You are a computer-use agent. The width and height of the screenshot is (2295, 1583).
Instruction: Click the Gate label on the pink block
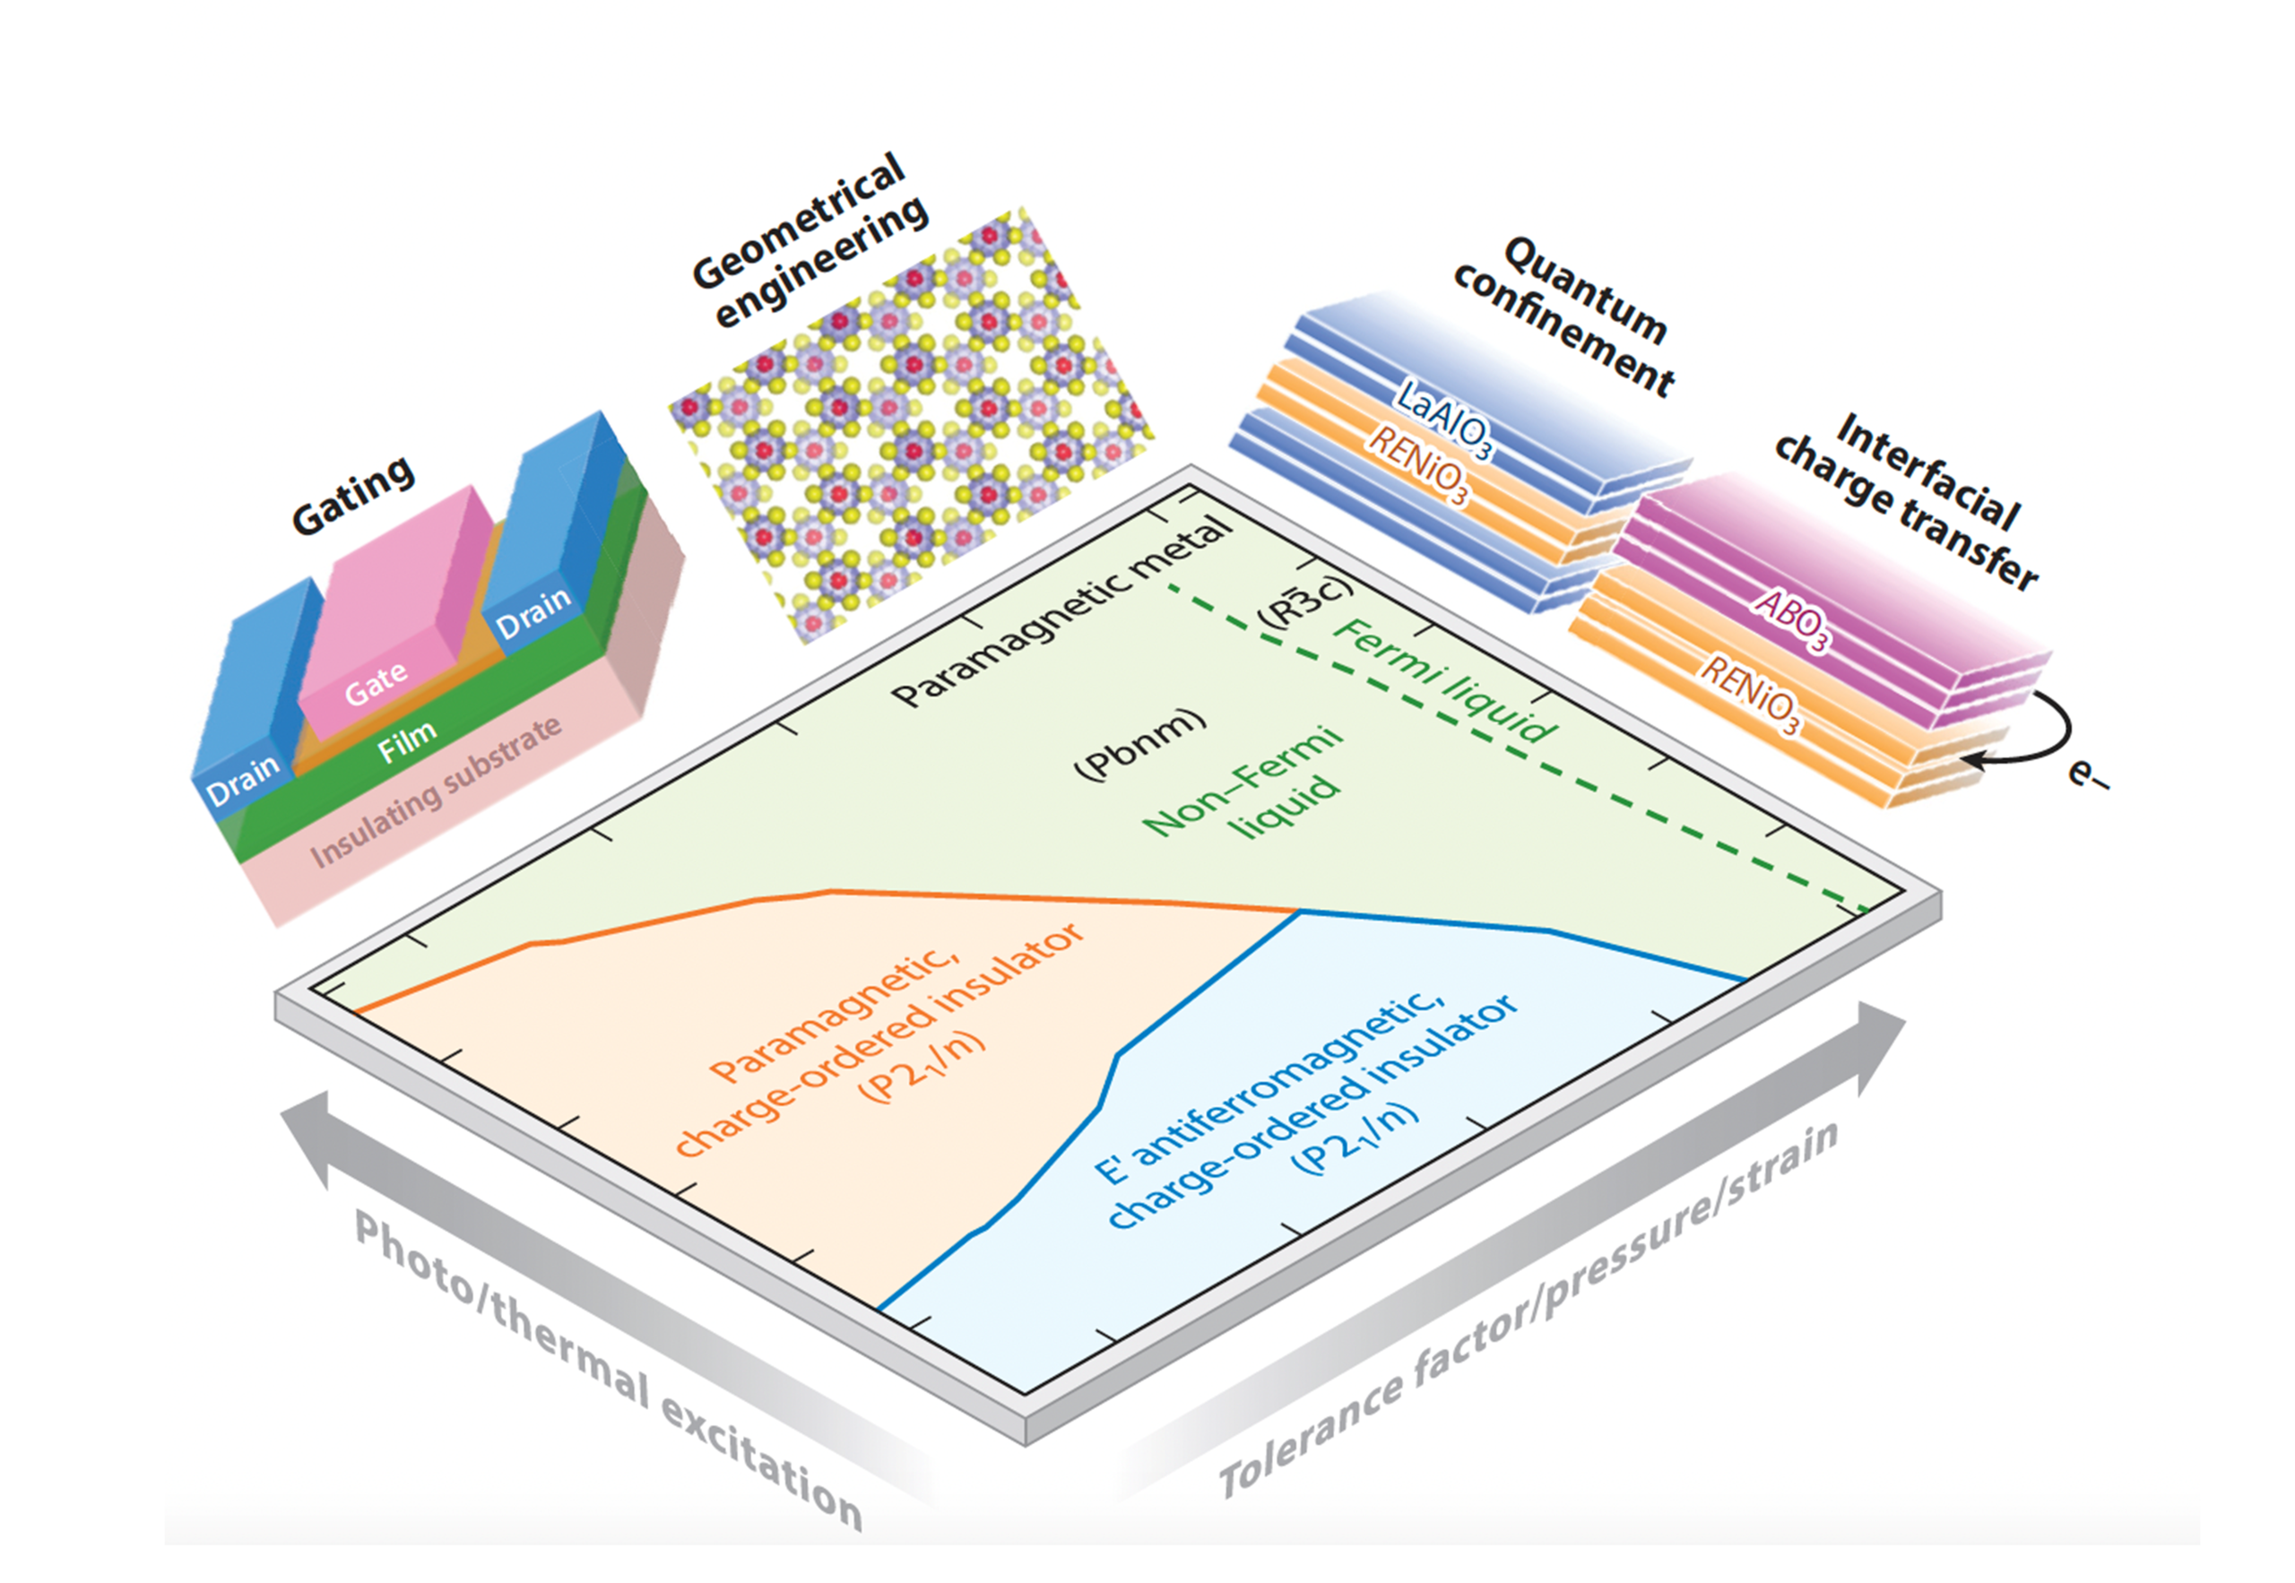376,682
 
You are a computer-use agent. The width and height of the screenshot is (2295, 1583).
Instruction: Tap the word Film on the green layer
407,741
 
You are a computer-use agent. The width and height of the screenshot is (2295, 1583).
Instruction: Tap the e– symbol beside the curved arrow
2088,773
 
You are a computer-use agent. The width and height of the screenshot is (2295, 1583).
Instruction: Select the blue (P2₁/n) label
1355,1139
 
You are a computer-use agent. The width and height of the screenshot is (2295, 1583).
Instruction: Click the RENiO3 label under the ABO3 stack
1751,695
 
